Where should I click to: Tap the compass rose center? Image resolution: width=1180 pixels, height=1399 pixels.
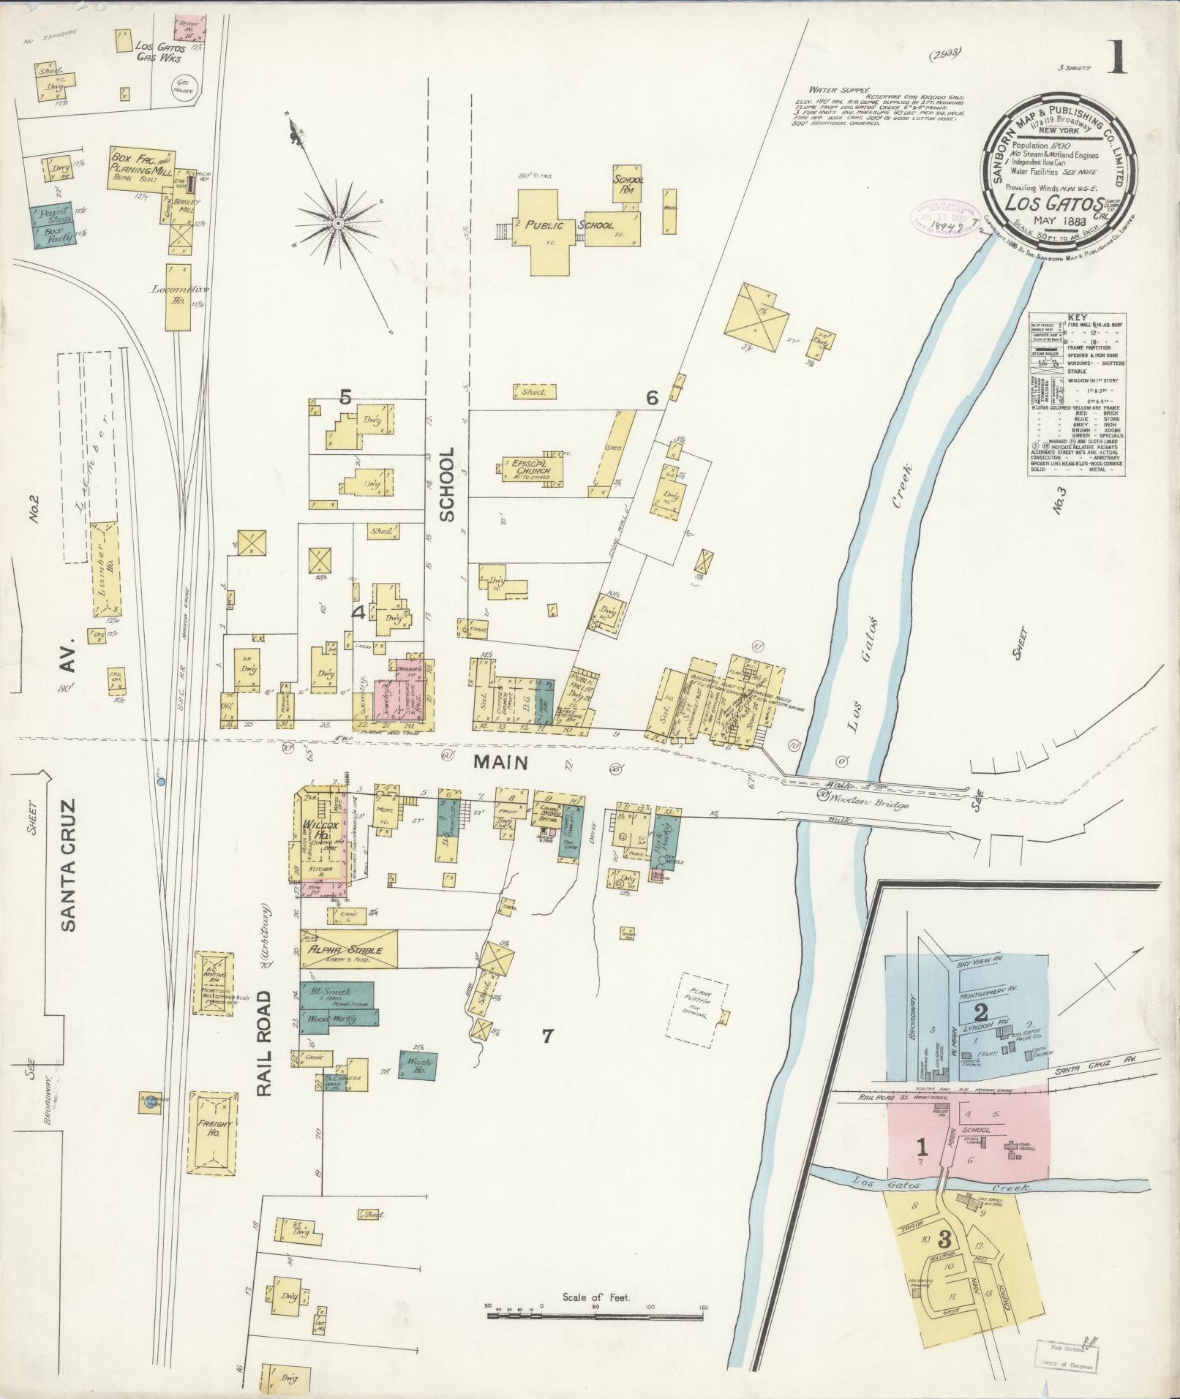tap(339, 222)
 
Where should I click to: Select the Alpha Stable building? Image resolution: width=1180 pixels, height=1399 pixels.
tap(348, 950)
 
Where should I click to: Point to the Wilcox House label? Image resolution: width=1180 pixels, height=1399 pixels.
tap(315, 829)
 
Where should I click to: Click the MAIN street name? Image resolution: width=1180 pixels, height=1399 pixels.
tap(500, 762)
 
